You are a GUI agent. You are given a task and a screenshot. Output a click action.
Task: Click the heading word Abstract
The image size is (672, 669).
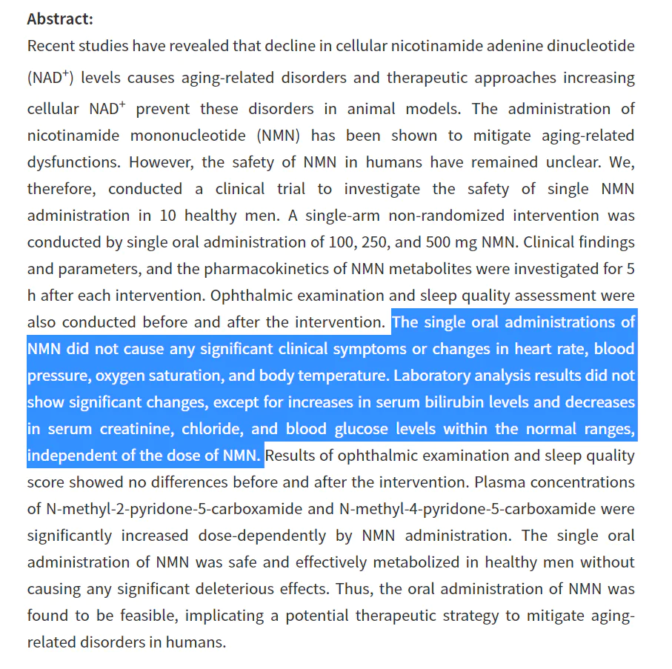(60, 19)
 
